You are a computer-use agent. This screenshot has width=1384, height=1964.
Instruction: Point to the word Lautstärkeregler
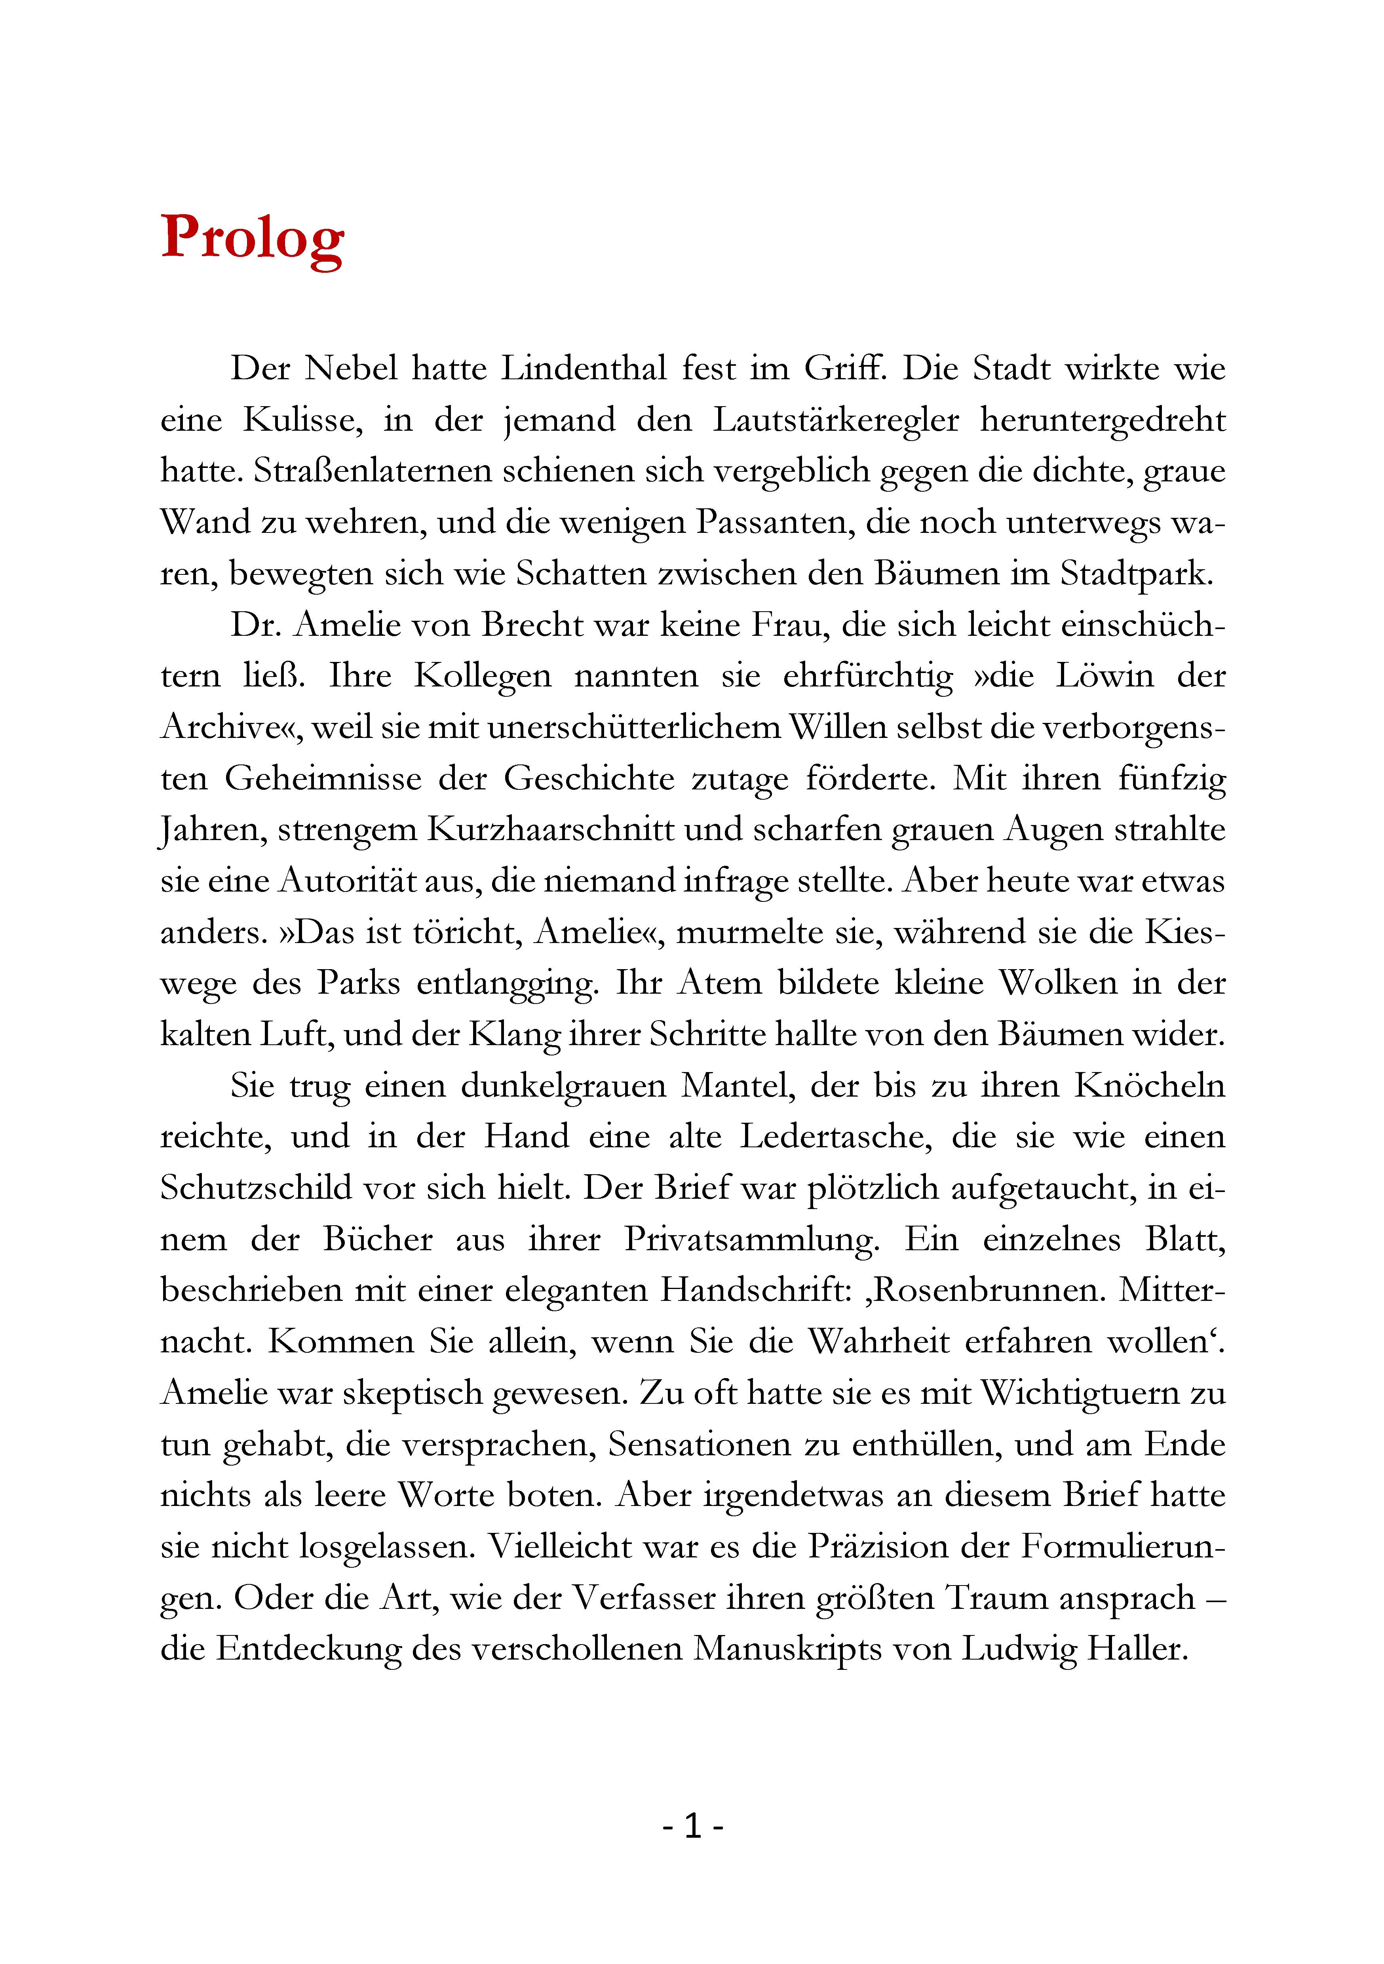836,420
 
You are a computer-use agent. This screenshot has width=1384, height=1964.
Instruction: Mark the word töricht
468,932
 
